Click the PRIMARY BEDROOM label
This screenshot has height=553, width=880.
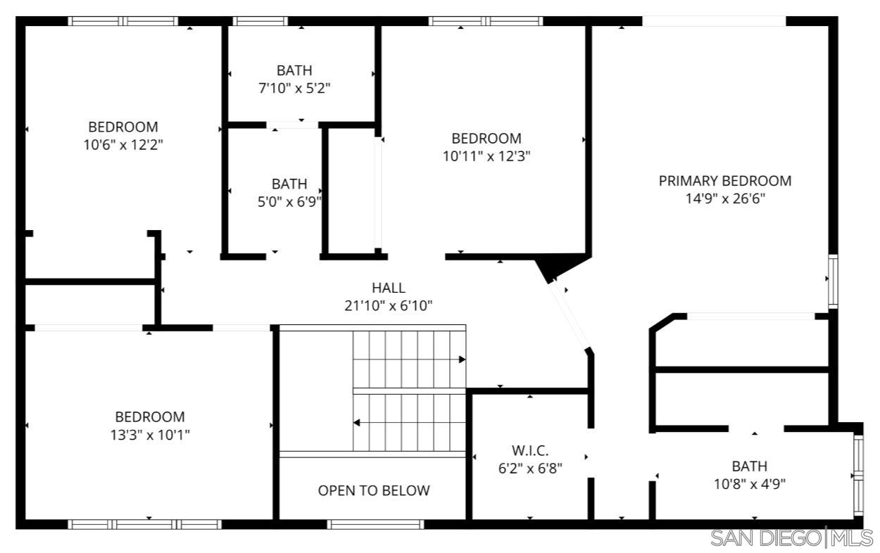pyautogui.click(x=725, y=181)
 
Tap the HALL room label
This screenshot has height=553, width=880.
pyautogui.click(x=388, y=288)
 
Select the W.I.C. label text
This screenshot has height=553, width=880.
pyautogui.click(x=530, y=450)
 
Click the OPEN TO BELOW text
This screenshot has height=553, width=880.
pyautogui.click(x=374, y=490)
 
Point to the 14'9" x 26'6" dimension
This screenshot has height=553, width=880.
pyautogui.click(x=725, y=198)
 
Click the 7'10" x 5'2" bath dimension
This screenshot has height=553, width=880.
pyautogui.click(x=294, y=89)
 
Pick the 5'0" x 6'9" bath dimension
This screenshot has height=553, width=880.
pyautogui.click(x=289, y=202)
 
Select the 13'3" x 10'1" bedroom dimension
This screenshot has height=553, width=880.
pyautogui.click(x=150, y=435)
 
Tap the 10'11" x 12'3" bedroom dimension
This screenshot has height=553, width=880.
pyautogui.click(x=486, y=156)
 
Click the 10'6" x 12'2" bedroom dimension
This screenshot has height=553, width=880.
pyautogui.click(x=123, y=145)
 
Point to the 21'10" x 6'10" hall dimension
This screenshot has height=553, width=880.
pyautogui.click(x=388, y=306)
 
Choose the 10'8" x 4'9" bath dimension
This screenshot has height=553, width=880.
pyautogui.click(x=750, y=484)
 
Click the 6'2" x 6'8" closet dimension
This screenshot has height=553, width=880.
pyautogui.click(x=530, y=469)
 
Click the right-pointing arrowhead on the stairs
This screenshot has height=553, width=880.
pyautogui.click(x=462, y=360)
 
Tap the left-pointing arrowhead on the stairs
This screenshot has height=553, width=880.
pyautogui.click(x=357, y=423)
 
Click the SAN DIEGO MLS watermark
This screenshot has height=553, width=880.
pyautogui.click(x=792, y=538)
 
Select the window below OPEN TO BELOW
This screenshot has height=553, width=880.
pyautogui.click(x=375, y=524)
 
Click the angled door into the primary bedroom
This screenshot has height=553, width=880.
pyautogui.click(x=570, y=314)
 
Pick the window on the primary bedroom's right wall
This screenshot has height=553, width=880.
pyautogui.click(x=833, y=281)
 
